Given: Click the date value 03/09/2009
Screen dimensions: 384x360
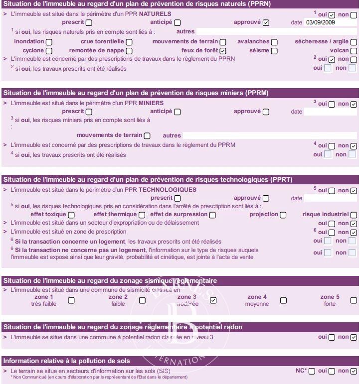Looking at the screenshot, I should point(320,22).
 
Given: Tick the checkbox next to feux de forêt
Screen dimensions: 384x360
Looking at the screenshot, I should point(223,51).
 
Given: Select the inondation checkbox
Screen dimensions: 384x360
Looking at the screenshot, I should point(49,42).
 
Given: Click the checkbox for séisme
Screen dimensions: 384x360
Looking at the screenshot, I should point(274,51).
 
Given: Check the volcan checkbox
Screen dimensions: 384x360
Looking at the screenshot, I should point(354,51).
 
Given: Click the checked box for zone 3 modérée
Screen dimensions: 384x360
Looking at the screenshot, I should point(213,300).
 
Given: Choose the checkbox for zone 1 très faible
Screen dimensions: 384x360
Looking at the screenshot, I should point(71,300).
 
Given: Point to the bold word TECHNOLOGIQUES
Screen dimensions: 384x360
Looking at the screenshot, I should point(167,190).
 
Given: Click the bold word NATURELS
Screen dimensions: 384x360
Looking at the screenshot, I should point(155,14).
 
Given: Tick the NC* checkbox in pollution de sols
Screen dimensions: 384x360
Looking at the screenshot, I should point(312,371).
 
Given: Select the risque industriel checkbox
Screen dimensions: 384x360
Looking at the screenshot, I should point(354,215).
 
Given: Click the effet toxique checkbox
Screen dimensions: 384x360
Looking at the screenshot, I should point(72,215).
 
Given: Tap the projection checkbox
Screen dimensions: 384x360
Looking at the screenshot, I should point(283,215).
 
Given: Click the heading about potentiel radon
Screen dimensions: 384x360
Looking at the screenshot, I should point(123,327).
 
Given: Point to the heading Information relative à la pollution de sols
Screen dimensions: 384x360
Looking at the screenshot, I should point(67,361).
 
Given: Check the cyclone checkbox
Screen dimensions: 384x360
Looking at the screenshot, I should point(49,51).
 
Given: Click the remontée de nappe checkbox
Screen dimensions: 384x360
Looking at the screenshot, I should point(129,51).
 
